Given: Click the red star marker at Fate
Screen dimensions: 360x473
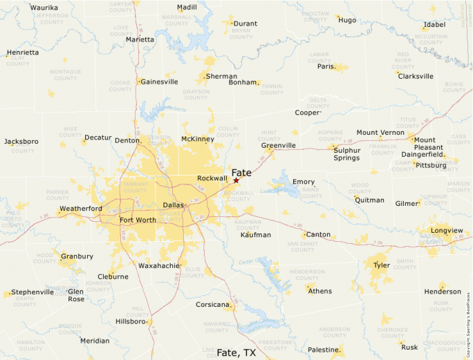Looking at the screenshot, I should point(236,180).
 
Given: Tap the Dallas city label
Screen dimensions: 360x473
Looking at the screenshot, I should point(174,205).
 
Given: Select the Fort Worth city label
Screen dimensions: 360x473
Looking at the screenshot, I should point(138,220).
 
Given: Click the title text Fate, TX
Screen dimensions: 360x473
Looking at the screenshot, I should point(236,352).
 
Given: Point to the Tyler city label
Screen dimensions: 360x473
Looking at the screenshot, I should point(381,265).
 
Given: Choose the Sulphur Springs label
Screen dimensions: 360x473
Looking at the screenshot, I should point(346,154).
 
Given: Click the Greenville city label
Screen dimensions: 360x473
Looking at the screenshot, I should point(278,146).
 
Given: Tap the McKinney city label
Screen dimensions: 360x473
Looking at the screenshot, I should point(197,139).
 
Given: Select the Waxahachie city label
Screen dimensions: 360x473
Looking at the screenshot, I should point(158,265).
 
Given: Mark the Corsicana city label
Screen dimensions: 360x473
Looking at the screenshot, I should point(212,305).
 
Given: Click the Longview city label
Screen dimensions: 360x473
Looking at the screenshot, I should point(447,230).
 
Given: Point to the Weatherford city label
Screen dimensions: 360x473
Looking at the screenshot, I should point(80,209).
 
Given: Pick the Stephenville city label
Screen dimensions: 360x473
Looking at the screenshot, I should point(33,292).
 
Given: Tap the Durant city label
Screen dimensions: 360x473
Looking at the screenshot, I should point(245,23).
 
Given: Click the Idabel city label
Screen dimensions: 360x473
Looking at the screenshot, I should point(434,25).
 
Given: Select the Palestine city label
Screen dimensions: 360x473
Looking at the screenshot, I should point(322,350).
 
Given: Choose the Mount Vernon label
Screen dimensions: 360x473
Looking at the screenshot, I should point(380,133).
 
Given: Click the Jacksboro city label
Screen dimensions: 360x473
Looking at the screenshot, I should point(21,142).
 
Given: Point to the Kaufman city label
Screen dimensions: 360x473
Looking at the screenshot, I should point(255,235).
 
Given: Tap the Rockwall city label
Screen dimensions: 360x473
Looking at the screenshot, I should point(212,178).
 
